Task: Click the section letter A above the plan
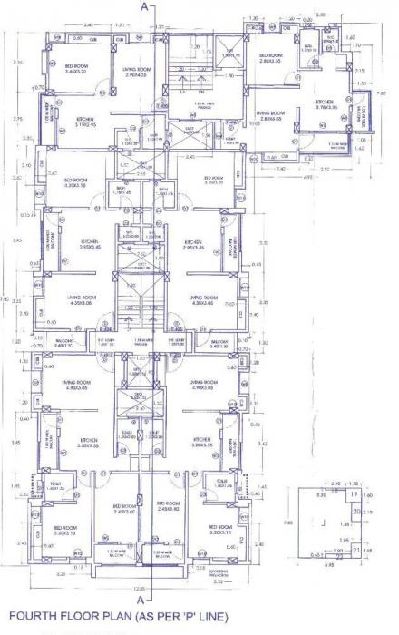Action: tap(141, 6)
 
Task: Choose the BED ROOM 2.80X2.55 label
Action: tap(273, 58)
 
